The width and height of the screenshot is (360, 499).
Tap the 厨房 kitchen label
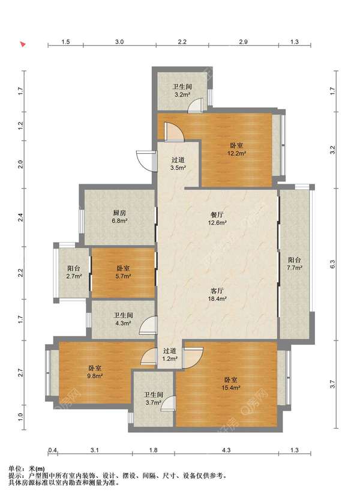119,213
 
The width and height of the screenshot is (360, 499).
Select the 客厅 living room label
217,291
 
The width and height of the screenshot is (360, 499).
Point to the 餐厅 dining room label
217,215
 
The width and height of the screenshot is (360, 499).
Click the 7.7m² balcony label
294,264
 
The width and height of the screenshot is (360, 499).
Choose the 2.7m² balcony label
74,272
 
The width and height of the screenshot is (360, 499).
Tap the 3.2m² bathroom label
182,91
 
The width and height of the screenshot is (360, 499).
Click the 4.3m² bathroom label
123,319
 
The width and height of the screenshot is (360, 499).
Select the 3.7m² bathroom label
154,399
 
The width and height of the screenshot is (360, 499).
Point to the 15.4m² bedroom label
230,384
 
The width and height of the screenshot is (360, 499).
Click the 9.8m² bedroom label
95,372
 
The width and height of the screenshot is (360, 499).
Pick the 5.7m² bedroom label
123,272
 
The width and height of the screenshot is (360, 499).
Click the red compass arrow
23,44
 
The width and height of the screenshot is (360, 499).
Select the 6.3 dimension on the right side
332,264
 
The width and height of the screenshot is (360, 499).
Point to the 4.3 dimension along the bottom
226,450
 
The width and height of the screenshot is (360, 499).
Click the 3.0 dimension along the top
119,41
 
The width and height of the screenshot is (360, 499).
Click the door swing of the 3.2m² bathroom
194,106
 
